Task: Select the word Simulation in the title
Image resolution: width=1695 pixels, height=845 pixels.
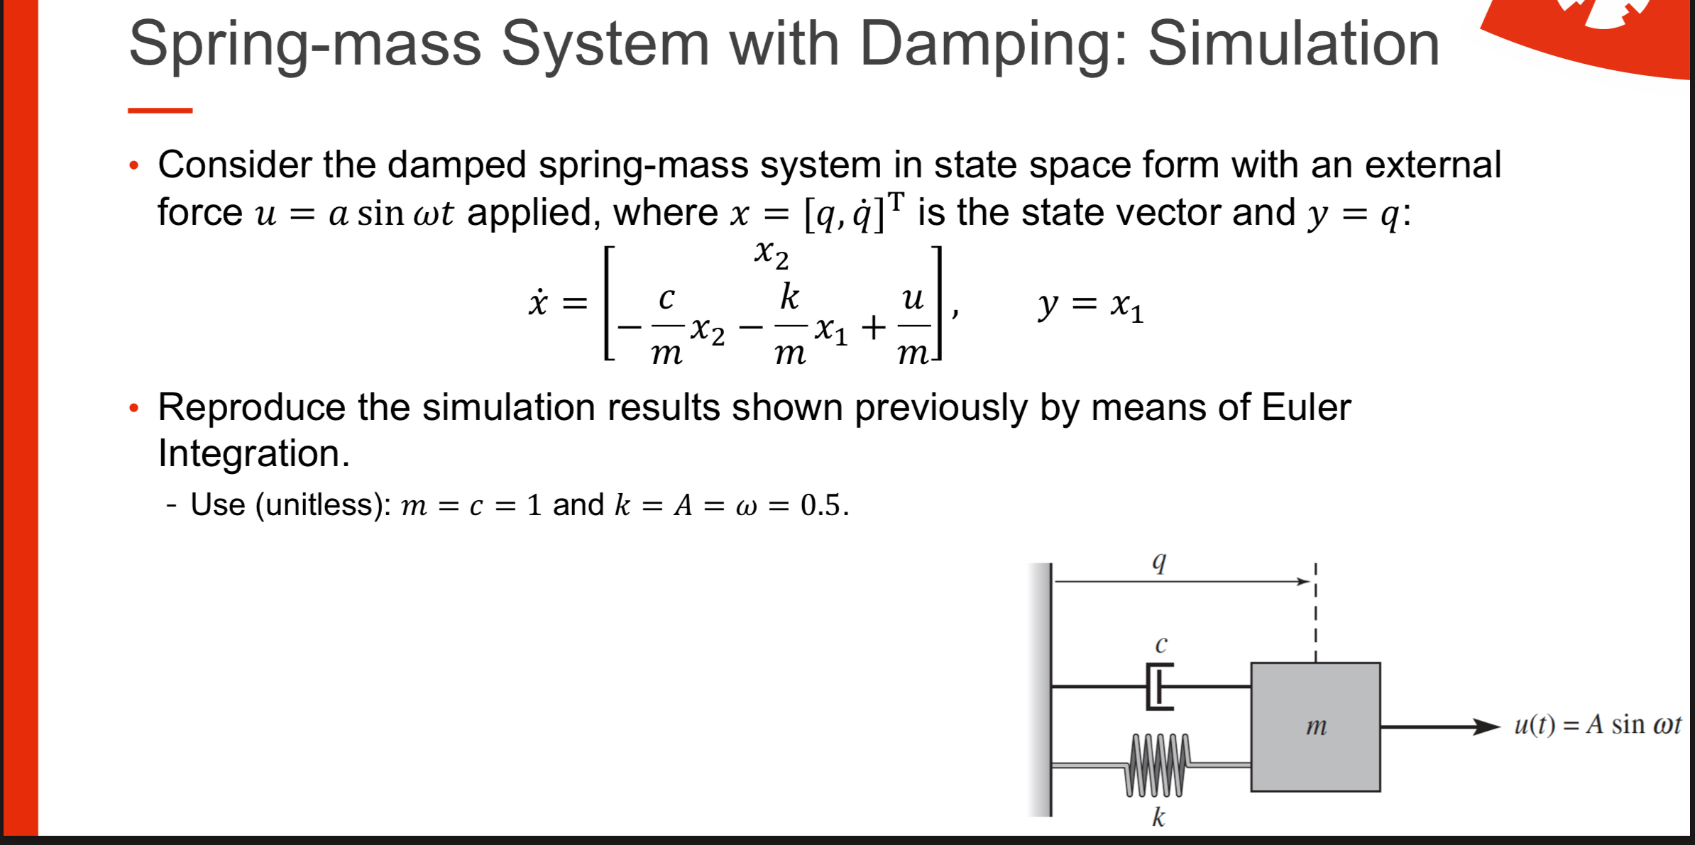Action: coord(1293,44)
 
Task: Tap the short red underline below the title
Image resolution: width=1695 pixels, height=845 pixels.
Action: coord(160,111)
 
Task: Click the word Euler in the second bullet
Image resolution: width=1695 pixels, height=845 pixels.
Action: coord(1306,408)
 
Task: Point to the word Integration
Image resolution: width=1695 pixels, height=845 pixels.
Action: coord(253,453)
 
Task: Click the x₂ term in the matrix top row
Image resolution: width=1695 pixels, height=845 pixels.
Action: coord(772,253)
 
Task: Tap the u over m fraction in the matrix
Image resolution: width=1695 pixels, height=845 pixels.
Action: coord(914,325)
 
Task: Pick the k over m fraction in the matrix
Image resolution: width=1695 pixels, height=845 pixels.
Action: coord(790,325)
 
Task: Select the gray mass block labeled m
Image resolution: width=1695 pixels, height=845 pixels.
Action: coord(1315,727)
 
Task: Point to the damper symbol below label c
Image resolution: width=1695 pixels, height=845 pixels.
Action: coord(1158,686)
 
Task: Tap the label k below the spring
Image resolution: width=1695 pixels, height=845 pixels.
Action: coord(1158,817)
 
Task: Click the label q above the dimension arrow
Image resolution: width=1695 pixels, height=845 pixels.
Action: coord(1158,561)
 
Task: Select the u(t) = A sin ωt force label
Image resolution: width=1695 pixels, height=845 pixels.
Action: coord(1597,725)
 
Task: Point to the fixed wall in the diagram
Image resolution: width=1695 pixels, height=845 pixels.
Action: coord(1041,689)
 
